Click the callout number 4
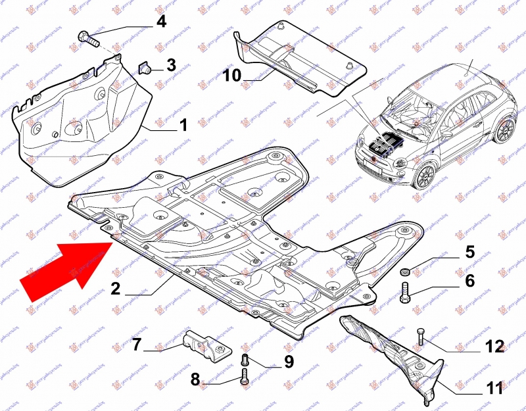(161, 22)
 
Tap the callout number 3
(171, 65)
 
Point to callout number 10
(232, 76)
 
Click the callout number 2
(115, 287)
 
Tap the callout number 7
(137, 345)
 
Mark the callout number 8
(195, 379)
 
